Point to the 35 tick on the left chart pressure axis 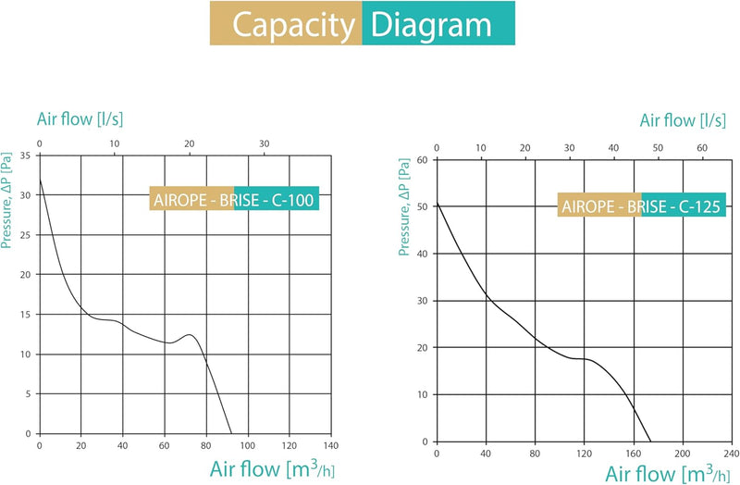[26, 155]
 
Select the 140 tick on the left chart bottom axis [331, 445]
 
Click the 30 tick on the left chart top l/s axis [264, 143]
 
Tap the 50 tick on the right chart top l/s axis [657, 148]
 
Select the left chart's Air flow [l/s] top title [80, 119]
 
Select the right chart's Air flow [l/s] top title [682, 121]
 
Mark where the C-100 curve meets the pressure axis [40, 180]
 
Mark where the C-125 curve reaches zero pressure [651, 441]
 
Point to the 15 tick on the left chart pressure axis [26, 315]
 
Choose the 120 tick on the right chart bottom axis [584, 454]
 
